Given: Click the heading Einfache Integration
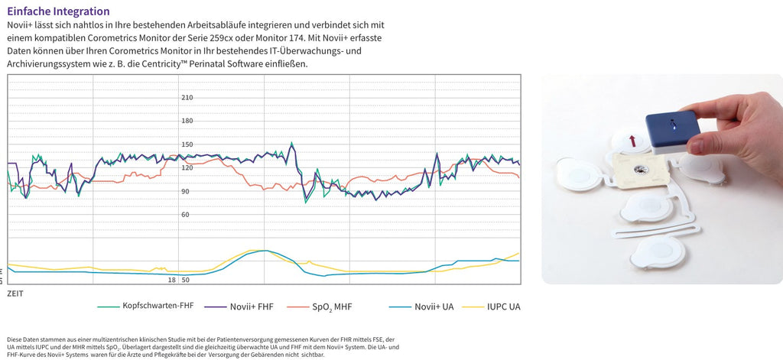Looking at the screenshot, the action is pyautogui.click(x=58, y=11).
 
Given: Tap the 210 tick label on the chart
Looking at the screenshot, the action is pyautogui.click(x=187, y=98).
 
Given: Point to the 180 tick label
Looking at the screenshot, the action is pyautogui.click(x=187, y=121).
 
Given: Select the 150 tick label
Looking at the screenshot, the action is pyautogui.click(x=187, y=144).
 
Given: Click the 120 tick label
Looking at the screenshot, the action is pyautogui.click(x=187, y=167).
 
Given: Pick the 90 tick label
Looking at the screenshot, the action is pyautogui.click(x=185, y=191).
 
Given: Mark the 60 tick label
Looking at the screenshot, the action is pyautogui.click(x=185, y=215).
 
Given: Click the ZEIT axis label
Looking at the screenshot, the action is pyautogui.click(x=15, y=294).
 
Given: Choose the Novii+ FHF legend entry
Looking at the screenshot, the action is pyautogui.click(x=239, y=306).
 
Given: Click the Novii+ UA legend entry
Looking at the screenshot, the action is pyautogui.click(x=421, y=306).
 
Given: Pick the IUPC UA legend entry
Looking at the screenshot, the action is pyautogui.click(x=492, y=306).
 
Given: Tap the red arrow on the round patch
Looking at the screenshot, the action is pyautogui.click(x=632, y=141).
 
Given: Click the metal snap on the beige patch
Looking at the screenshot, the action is pyautogui.click(x=640, y=170).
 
